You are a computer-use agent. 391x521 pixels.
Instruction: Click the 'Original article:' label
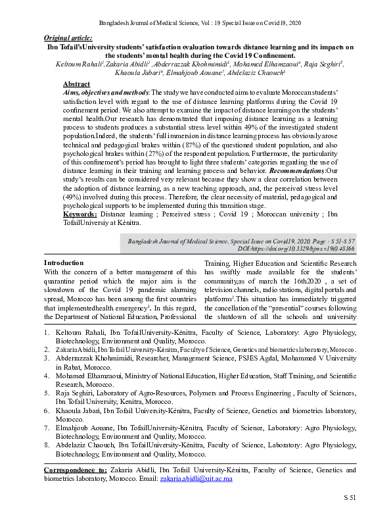(x=68, y=39)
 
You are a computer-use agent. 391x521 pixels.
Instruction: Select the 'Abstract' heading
(x=77, y=85)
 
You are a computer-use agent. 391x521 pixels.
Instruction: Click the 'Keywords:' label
(x=81, y=214)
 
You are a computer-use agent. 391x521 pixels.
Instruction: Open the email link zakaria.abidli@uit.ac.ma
(x=191, y=480)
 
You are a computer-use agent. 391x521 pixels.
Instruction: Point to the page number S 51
(x=349, y=498)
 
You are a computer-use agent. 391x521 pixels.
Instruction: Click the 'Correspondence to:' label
(x=75, y=470)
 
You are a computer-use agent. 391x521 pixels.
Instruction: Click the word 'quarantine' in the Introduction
(x=65, y=281)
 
